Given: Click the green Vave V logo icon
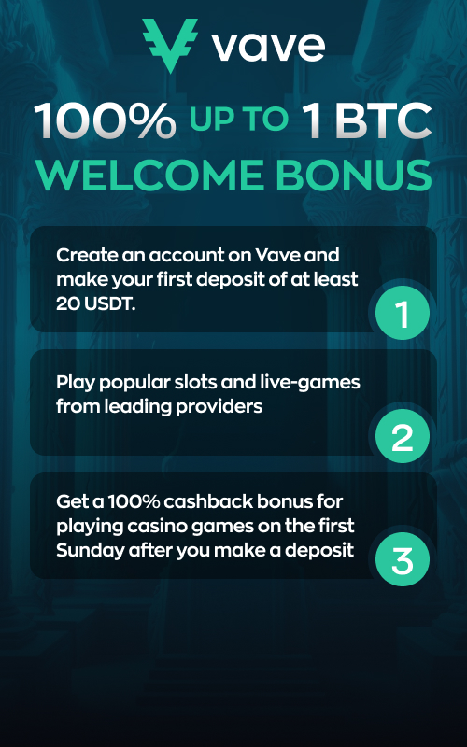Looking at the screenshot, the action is click(x=170, y=45).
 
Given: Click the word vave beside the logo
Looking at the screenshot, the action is click(x=268, y=46).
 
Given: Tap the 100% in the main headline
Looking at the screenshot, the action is click(x=105, y=120).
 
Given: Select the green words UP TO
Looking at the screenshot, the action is click(x=239, y=119).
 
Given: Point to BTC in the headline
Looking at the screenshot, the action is click(x=383, y=120).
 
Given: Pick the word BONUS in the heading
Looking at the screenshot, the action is click(x=353, y=175).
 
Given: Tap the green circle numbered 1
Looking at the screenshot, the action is click(x=403, y=313).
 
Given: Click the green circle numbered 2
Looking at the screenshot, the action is click(x=403, y=436).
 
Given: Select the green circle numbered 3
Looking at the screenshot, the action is click(x=403, y=559).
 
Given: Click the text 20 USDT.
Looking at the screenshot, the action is click(x=96, y=304).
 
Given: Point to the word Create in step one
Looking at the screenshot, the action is click(x=86, y=255).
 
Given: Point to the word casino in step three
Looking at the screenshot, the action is click(x=158, y=526).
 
